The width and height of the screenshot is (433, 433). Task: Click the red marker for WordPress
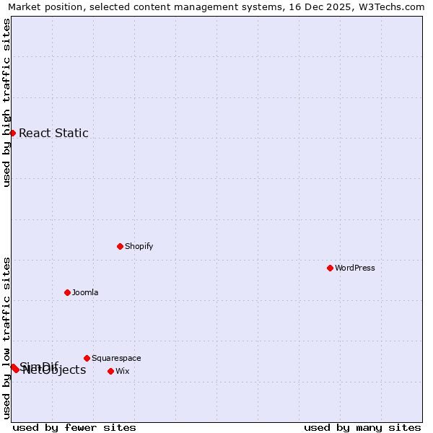[330, 268]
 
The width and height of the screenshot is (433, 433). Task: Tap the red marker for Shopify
[120, 246]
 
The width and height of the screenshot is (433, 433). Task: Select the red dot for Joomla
[67, 292]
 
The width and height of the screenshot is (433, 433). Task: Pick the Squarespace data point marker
[87, 358]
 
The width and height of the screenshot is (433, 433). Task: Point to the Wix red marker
[110, 371]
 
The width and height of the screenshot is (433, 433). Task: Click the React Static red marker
[12, 133]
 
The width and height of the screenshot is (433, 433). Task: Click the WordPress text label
[355, 268]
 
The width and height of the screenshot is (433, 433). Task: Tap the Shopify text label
[139, 246]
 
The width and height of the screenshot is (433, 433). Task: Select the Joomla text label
[85, 292]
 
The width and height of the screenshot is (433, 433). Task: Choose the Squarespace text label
[116, 358]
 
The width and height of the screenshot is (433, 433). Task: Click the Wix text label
[123, 371]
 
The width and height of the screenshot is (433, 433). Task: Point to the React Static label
[53, 133]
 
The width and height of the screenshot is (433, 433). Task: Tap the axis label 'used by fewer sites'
[74, 427]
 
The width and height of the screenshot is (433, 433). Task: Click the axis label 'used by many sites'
[362, 427]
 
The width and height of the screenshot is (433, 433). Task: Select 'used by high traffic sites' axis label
[6, 102]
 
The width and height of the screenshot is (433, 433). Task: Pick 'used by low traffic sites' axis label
[6, 338]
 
